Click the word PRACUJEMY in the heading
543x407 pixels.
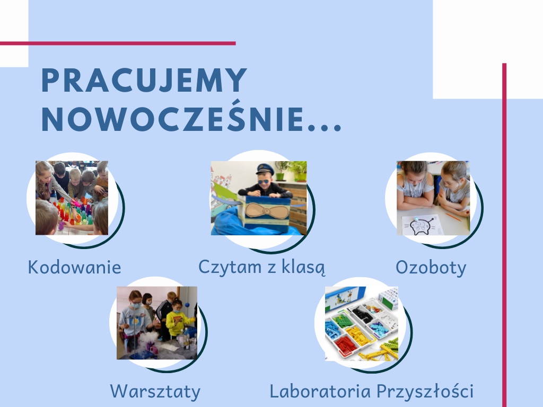pos(144,80)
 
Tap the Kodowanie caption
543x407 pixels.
pos(74,267)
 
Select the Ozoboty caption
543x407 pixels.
pos(431,268)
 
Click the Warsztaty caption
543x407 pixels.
pos(155,392)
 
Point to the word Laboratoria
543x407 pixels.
pos(320,391)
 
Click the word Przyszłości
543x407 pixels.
pos(425,392)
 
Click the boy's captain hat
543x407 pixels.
pos(265,169)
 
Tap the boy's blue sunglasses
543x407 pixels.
pos(263,181)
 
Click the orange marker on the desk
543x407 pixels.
pos(453,217)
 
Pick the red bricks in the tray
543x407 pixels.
pos(345,344)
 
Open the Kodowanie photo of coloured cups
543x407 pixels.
pos(72,198)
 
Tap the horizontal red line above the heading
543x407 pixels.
pos(118,43)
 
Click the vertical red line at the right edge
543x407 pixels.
pos(504,235)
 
